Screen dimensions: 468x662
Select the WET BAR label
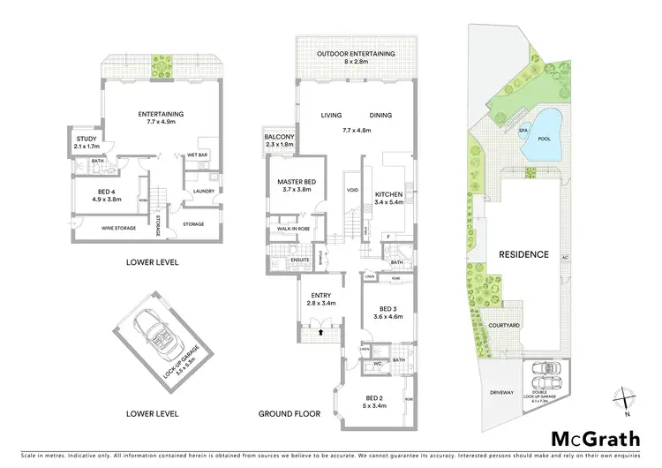(196, 155)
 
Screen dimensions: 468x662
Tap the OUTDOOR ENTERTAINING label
(357, 54)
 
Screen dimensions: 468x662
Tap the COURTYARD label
(504, 324)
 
